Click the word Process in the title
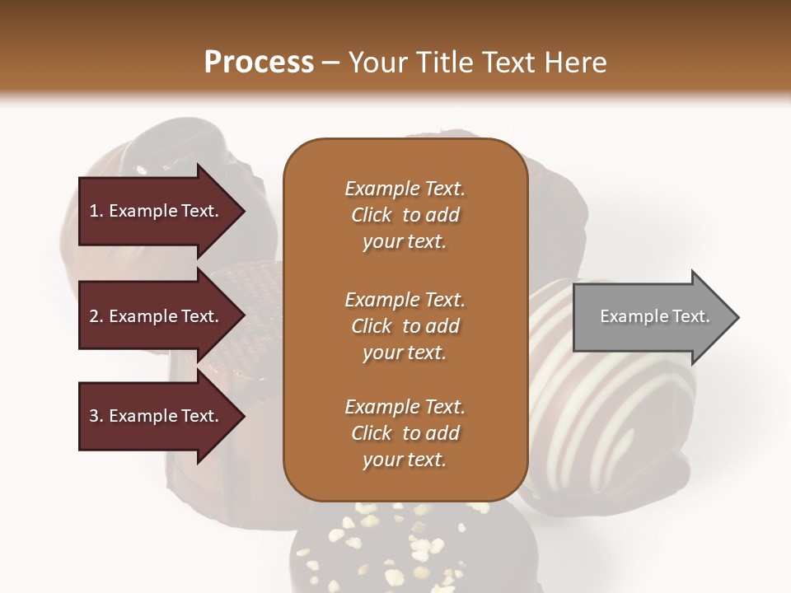[259, 63]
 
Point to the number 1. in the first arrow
[96, 211]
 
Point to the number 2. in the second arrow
[96, 316]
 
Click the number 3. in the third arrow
[96, 416]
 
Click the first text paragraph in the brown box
[405, 215]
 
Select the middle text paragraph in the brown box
[405, 326]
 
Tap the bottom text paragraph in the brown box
[405, 433]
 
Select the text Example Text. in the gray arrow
[654, 316]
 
